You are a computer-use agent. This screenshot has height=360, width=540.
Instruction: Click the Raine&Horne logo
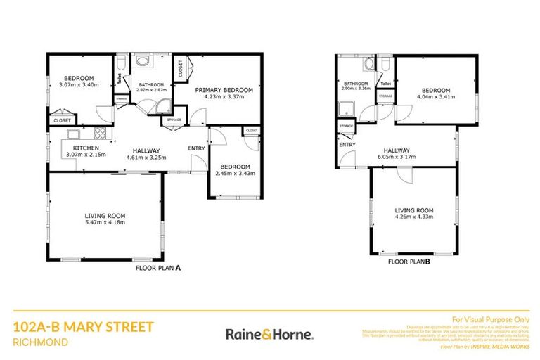pos(269,333)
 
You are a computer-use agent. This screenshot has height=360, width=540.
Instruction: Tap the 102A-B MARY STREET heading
pos(83,327)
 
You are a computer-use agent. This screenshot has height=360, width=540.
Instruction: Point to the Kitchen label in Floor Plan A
pos(84,148)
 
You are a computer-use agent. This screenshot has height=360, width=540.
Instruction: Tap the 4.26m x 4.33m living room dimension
pos(413,217)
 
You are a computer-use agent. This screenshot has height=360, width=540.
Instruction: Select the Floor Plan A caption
pos(158,267)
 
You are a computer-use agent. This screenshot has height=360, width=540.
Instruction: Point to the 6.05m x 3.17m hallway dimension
pos(397,157)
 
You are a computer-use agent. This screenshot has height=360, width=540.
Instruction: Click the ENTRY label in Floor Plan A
pos(196,148)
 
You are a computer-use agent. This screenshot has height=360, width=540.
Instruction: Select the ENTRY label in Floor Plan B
pos(347,145)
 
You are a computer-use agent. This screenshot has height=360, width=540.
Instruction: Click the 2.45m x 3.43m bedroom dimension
pos(235,173)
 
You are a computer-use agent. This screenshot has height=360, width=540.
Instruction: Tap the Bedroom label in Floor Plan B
pos(436,91)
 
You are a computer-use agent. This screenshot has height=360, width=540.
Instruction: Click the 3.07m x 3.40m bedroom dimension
pos(78,84)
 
